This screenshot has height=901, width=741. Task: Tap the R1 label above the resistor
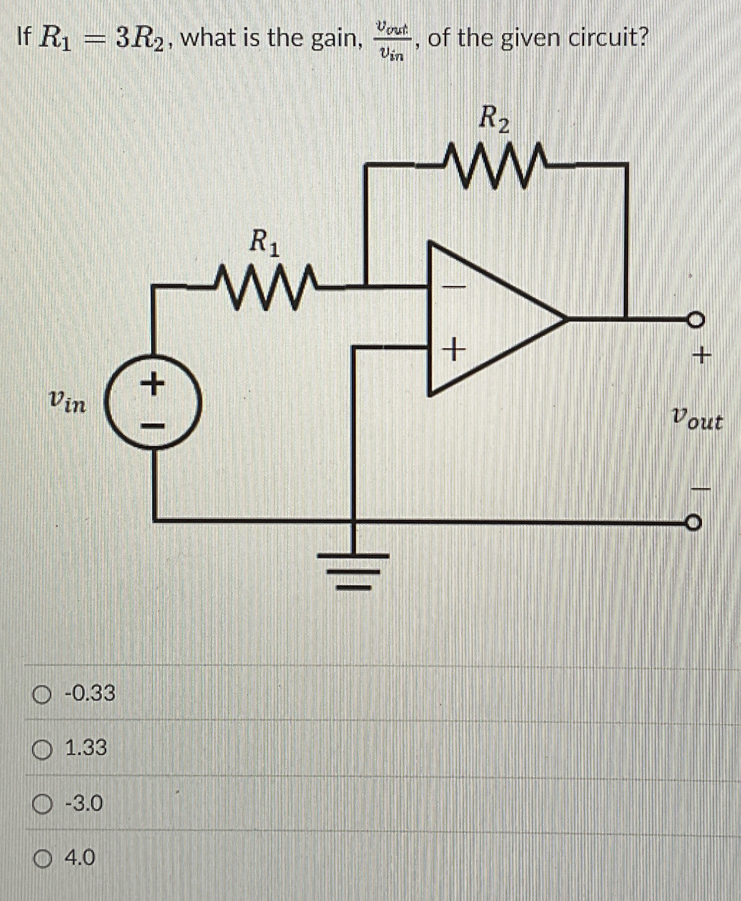[x=264, y=243]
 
